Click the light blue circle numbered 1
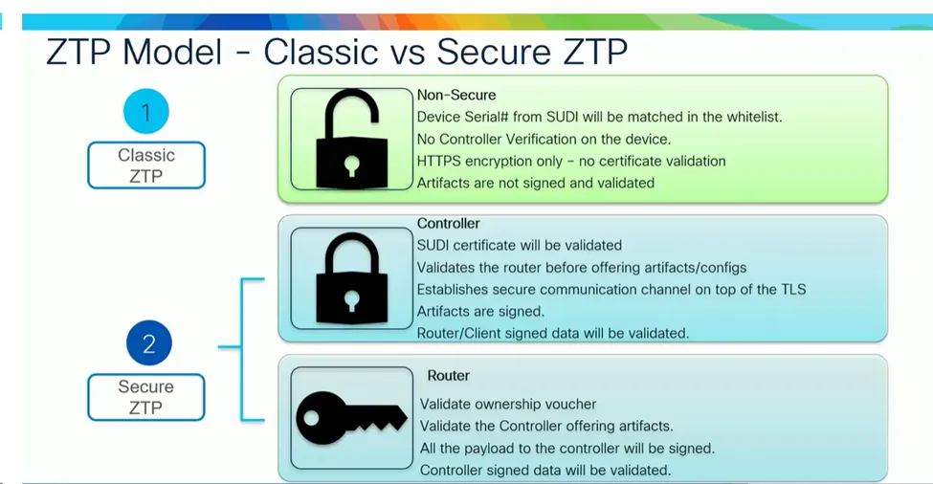(146, 112)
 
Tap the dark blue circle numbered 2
(148, 343)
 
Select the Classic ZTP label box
(146, 165)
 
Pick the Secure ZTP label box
(146, 397)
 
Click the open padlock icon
(351, 140)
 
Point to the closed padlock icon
(351, 278)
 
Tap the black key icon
(351, 418)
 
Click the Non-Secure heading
(456, 95)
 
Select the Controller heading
(448, 224)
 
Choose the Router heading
(448, 376)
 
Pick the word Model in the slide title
(172, 52)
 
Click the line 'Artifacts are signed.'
(480, 312)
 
